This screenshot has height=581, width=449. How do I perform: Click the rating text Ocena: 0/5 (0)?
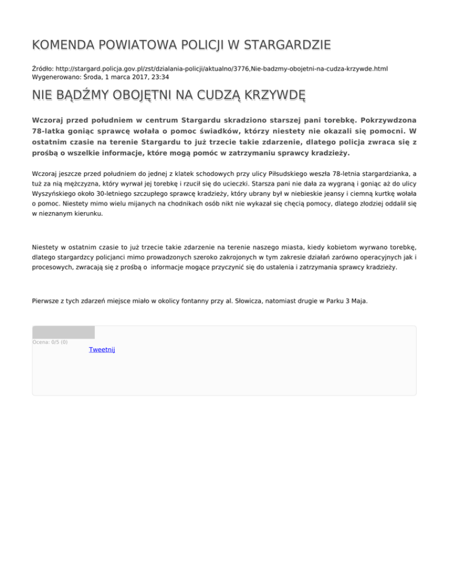50,342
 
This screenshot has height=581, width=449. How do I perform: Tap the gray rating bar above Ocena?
63,332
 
